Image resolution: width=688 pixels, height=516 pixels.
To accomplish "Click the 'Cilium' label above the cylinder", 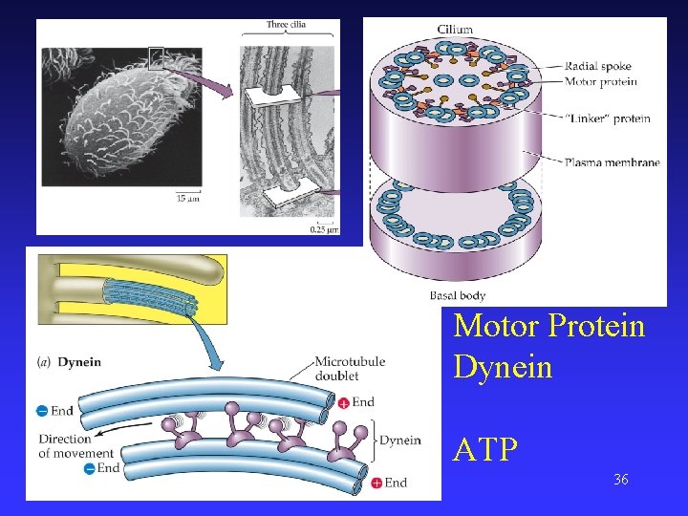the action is pos(456,30).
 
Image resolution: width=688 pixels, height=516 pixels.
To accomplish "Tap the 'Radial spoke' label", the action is pos(598,67).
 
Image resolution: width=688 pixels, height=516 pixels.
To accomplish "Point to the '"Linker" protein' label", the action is pos(608,118).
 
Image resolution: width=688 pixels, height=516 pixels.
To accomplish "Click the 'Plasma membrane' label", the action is pos(612,162).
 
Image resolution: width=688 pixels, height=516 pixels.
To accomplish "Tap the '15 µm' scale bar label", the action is pos(187,199).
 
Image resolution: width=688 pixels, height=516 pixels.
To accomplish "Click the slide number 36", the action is pos(621,479).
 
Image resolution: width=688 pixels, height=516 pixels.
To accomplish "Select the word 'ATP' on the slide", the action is pos(486,450).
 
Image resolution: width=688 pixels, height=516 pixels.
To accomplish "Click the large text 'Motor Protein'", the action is pos(549,326).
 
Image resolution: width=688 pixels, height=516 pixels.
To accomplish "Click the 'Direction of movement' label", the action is pos(65,446).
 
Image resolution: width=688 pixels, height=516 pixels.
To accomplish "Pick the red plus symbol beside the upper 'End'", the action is pos(343,403).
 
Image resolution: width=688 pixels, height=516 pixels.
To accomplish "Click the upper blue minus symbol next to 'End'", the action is pos(42,411).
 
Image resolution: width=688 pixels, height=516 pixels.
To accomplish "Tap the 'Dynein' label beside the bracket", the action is pos(399,441).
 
